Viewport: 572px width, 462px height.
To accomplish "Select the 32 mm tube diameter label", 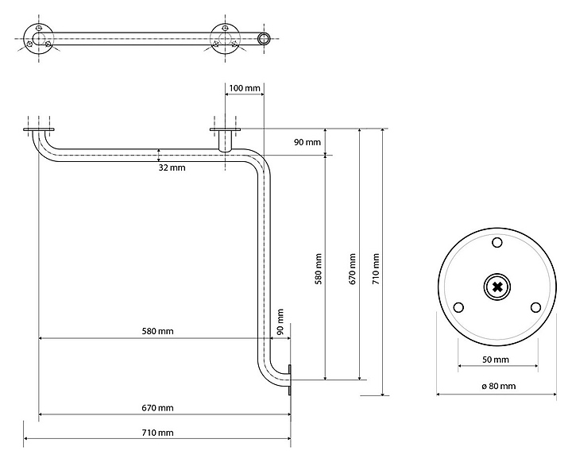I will coord(172,167).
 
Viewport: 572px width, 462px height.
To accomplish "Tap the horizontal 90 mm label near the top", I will coord(307,142).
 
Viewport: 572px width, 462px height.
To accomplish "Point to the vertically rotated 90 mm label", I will coord(280,323).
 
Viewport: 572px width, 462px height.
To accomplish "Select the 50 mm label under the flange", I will coord(497,359).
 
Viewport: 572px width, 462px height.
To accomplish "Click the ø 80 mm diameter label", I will coord(498,386).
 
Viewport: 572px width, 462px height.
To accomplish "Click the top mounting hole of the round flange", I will coord(497,242).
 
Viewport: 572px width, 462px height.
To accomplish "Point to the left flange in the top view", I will coord(38,38).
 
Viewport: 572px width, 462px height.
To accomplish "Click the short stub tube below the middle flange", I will coord(225,143).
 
